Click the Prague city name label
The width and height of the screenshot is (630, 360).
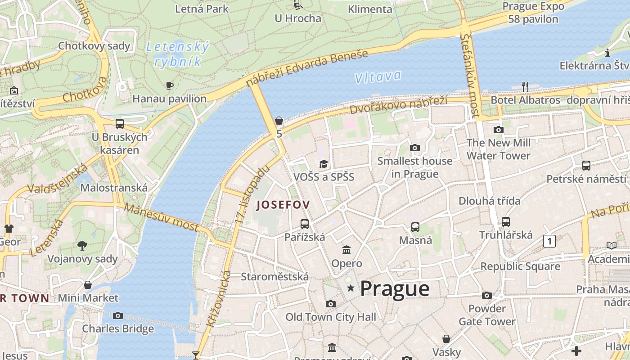pos(395,289)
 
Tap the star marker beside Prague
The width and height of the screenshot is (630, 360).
pos(351,288)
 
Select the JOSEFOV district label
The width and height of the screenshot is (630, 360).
pos(283,205)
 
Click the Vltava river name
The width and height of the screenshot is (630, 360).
pos(378,77)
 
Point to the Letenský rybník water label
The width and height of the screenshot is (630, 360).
pos(177,54)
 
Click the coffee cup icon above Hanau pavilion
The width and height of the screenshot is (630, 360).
pos(170,85)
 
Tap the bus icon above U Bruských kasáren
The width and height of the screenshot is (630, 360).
pos(120,123)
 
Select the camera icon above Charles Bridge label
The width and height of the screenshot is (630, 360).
pos(118,315)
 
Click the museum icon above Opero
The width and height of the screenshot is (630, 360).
pos(346,250)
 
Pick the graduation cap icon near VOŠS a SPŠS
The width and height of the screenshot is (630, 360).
pos(324,163)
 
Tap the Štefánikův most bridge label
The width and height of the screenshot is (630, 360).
pos(470,76)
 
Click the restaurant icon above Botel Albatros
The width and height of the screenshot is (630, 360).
pos(525,86)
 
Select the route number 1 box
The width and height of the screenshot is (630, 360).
pos(549,241)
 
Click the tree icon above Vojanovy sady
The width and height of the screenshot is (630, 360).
pos(82,245)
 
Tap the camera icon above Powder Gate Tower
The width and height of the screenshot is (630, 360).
pos(487,295)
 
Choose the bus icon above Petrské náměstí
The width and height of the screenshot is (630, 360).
pos(586,165)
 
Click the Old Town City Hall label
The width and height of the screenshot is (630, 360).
pos(331,317)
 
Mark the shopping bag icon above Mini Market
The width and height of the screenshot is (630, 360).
pos(88,285)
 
